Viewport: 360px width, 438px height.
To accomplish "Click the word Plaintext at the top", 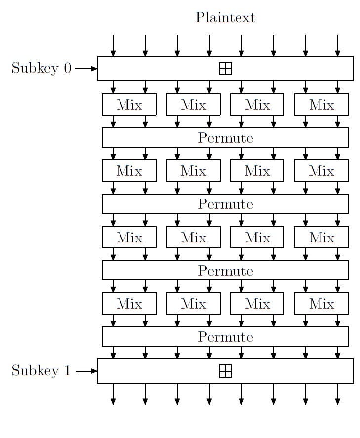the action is click(225, 17).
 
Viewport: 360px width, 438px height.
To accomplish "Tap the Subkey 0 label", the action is click(41, 68).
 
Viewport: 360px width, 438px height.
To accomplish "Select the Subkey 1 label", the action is click(41, 371).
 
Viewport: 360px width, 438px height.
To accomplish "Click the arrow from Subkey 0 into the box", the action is click(86, 69).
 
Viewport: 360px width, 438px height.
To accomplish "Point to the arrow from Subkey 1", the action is click(86, 371).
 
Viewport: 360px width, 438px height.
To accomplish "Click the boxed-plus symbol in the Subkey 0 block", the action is click(225, 69).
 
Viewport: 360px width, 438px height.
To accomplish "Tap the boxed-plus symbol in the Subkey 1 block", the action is click(225, 371).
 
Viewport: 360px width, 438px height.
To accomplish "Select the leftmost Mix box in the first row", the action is click(129, 104).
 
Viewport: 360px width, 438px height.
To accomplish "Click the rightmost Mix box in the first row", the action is click(321, 104).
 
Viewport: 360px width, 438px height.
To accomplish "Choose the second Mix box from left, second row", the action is click(193, 170).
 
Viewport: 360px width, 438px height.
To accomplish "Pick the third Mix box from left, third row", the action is click(257, 237).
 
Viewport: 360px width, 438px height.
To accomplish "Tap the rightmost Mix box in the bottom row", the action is click(321, 303).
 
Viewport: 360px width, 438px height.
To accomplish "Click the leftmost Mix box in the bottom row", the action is click(129, 303).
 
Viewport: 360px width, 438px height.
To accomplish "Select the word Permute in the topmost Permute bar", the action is click(225, 138).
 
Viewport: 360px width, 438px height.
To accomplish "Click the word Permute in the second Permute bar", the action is click(225, 204).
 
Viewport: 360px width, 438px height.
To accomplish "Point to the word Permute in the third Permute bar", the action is click(225, 271).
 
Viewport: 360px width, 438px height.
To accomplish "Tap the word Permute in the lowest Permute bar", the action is click(225, 337).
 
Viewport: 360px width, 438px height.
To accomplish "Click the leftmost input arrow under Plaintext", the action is click(113, 46).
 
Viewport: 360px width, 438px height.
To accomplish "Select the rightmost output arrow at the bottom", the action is click(338, 394).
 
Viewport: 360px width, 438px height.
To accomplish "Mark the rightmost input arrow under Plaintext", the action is click(338, 46).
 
